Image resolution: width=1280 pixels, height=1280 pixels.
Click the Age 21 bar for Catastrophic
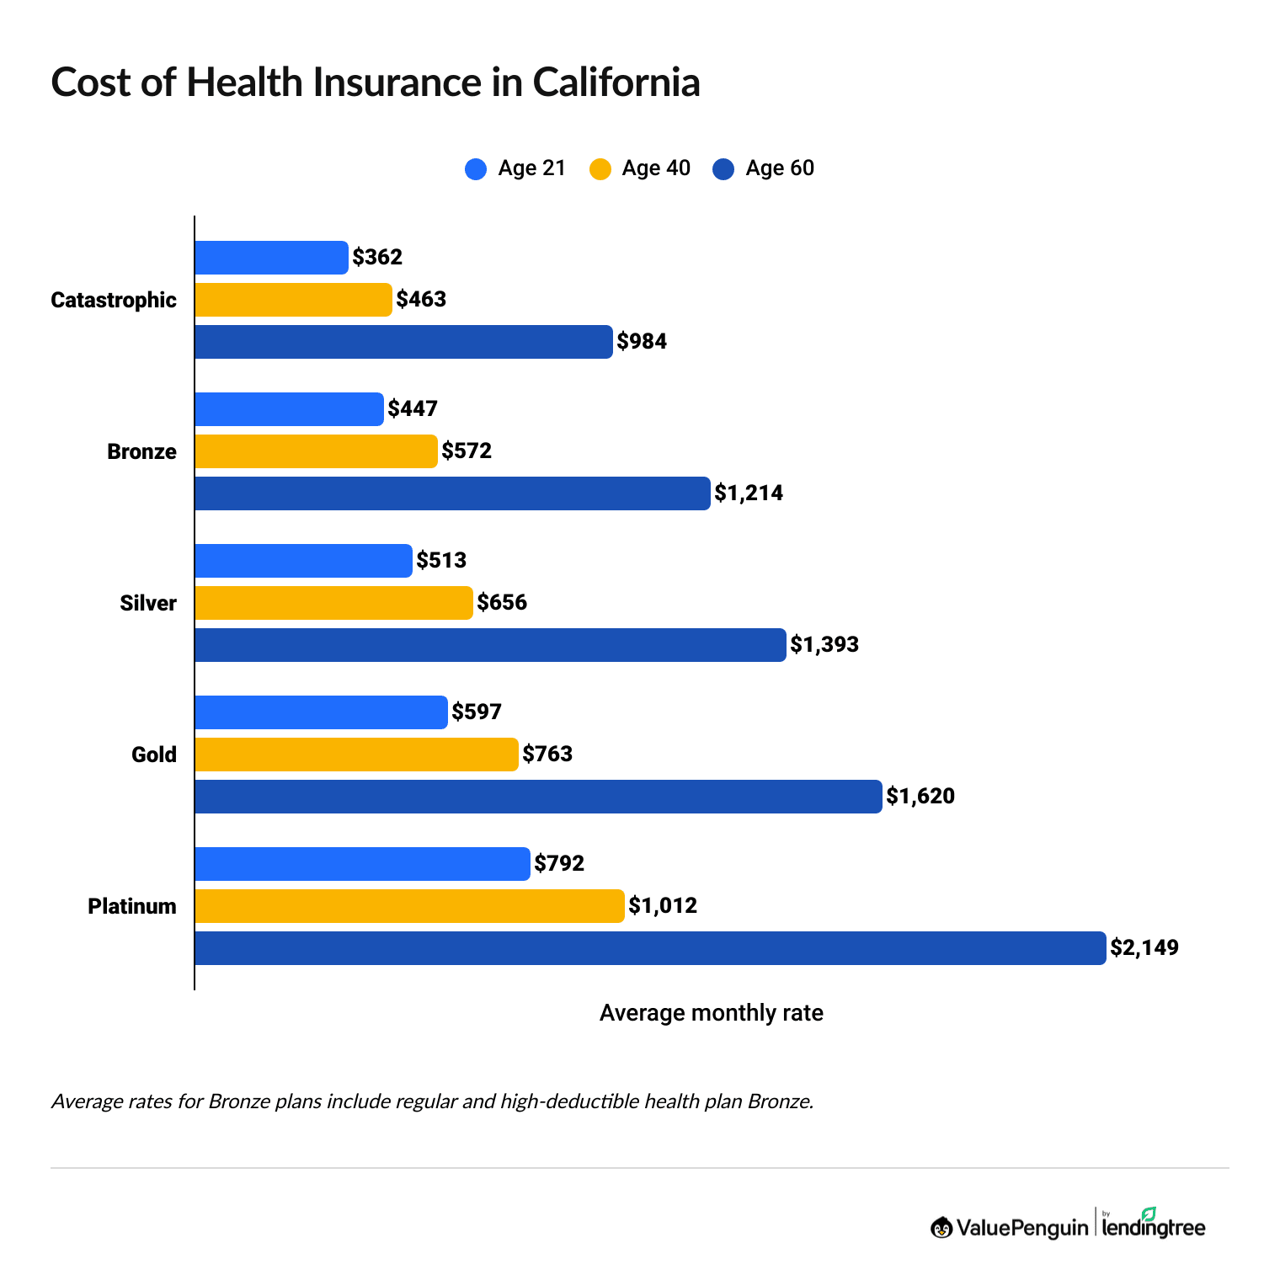[x=271, y=258]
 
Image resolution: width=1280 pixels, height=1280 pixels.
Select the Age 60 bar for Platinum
[x=649, y=948]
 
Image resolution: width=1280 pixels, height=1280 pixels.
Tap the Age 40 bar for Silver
[x=333, y=603]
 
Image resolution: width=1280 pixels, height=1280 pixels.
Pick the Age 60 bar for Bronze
[x=452, y=493]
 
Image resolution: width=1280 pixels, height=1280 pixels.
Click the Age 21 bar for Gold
[x=321, y=712]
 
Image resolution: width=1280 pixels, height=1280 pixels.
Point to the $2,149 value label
[x=1144, y=948]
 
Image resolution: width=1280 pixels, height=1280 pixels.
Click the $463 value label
[x=421, y=300]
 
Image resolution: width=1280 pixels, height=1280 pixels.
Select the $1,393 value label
[x=824, y=645]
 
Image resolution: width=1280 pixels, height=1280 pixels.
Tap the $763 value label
[x=547, y=755]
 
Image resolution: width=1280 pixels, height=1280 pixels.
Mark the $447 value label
[x=413, y=409]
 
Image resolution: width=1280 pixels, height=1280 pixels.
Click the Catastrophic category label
[x=114, y=301]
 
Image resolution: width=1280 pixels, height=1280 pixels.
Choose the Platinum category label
[x=132, y=907]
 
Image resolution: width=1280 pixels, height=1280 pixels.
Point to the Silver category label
[x=148, y=604]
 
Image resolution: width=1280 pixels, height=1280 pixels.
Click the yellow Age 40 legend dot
[x=600, y=169]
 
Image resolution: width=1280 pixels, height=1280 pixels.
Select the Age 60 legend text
[x=780, y=168]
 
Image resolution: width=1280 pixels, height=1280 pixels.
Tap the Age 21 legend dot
[x=476, y=169]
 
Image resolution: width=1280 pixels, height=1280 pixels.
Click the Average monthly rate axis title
[x=711, y=1013]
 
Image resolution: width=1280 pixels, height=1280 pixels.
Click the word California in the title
[x=616, y=83]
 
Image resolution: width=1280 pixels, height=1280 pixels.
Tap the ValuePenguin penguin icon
[x=941, y=1228]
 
